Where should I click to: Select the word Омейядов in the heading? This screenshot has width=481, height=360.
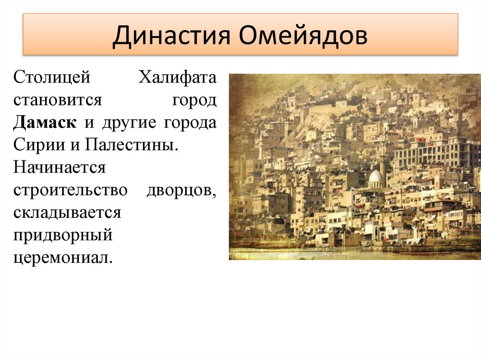pos(303,36)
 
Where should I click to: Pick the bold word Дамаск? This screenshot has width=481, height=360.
pos(45,123)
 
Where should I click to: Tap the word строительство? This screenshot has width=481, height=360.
pos(70,190)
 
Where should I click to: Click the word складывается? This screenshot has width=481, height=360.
pos(67,213)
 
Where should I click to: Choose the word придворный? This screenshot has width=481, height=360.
pos(62,235)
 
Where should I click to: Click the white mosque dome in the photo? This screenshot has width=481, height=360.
pos(375,177)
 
